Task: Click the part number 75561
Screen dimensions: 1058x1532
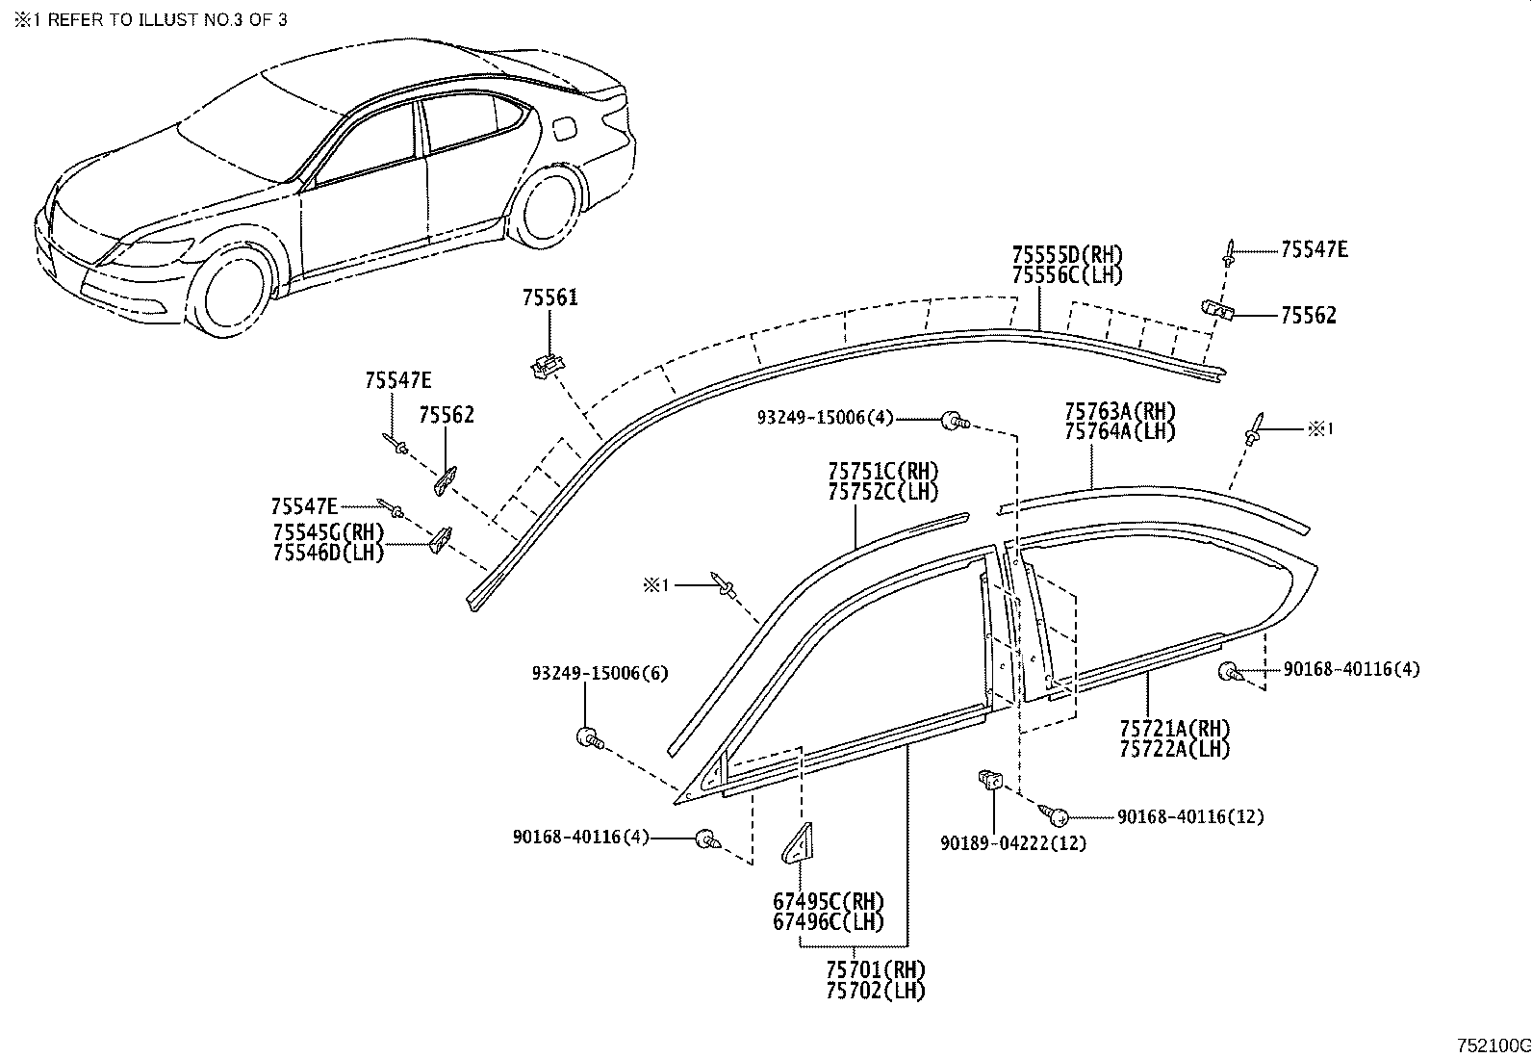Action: click(x=550, y=297)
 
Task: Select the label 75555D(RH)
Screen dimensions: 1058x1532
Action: click(x=1067, y=255)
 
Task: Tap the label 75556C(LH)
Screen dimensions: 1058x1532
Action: click(x=1067, y=274)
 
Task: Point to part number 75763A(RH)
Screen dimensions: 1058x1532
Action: click(x=1120, y=411)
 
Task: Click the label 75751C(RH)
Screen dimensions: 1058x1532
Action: click(x=883, y=471)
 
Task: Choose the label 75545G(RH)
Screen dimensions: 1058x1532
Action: click(x=327, y=532)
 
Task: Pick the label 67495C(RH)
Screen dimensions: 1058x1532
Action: click(x=829, y=902)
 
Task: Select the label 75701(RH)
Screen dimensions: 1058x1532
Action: click(x=875, y=969)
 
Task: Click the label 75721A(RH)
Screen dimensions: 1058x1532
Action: click(x=1175, y=728)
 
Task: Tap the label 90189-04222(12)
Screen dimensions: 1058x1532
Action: click(x=1013, y=843)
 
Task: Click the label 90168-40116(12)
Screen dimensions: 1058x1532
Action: click(x=1190, y=816)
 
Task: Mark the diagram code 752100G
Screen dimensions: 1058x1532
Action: click(x=1491, y=1045)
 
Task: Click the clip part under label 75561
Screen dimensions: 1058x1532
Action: click(x=547, y=366)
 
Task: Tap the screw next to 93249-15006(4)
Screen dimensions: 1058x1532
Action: click(x=952, y=419)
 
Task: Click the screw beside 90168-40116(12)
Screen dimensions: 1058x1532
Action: click(x=1058, y=817)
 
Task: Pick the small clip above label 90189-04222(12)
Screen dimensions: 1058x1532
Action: click(x=989, y=778)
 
